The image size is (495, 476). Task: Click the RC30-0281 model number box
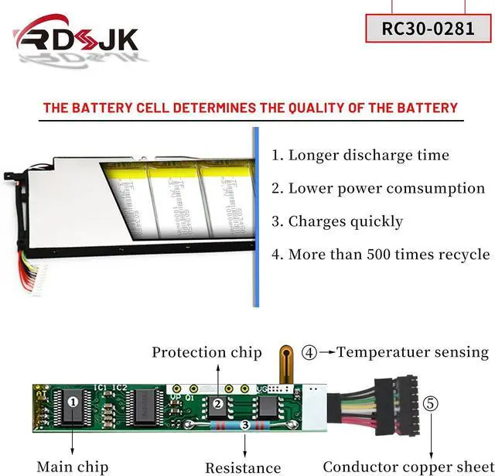428,29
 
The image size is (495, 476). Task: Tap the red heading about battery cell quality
250,108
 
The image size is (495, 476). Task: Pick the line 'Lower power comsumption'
378,188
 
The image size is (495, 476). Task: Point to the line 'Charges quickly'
337,221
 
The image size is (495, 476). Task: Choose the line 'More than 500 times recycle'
381,254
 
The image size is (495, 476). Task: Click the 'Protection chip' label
207,353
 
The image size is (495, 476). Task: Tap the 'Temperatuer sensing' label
412,353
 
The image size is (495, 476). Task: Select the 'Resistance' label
243,467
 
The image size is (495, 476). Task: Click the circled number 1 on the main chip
73,401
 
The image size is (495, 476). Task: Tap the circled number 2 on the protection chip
219,403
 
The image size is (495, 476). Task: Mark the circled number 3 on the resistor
245,424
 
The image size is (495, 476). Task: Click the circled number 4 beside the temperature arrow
309,354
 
